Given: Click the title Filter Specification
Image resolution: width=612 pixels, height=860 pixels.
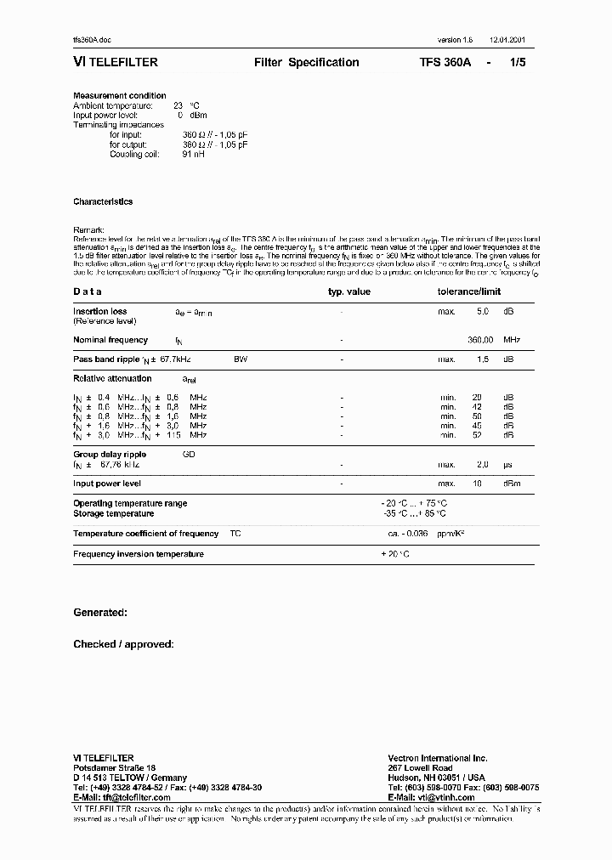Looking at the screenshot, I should pos(306,63).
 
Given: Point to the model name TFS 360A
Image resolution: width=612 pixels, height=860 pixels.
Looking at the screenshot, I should pos(445,63).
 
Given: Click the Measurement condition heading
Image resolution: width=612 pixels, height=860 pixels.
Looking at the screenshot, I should pos(120,96).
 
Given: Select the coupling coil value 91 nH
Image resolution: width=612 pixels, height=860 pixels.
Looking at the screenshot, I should pos(193,154).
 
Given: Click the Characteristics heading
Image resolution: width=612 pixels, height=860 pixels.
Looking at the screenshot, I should pos(103,202).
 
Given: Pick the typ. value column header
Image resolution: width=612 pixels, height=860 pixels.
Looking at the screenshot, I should pos(349,291).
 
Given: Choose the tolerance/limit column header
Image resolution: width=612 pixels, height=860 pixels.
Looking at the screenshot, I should pos(469,291).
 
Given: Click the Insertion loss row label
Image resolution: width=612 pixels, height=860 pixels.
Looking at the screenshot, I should pos(100,312).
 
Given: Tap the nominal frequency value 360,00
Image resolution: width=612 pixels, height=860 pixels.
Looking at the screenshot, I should pos(481,340).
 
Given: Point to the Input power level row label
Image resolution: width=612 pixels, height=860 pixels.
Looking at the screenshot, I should pos(107,484).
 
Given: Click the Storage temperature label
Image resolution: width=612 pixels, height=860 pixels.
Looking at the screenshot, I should pos(114,513).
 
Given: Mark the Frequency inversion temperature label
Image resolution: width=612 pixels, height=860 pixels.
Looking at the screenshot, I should pos(139,554).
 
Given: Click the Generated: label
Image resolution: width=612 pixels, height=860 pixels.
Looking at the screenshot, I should pos(100,613).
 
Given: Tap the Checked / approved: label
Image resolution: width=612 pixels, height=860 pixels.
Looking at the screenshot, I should pos(123,644).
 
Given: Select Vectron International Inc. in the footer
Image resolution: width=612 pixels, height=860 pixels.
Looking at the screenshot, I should pos(438,757).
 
